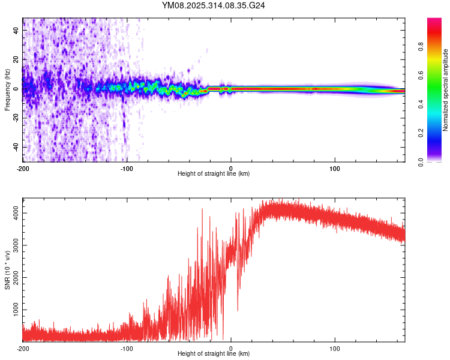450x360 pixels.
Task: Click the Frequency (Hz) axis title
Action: (7, 90)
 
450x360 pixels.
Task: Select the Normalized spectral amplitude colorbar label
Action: (446, 90)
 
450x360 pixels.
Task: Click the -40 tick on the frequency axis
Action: (16, 147)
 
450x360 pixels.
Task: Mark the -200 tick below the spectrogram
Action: (23, 167)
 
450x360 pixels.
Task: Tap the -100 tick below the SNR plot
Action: (127, 348)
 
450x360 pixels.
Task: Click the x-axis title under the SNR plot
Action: (214, 354)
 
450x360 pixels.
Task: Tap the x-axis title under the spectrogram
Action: (214, 173)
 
